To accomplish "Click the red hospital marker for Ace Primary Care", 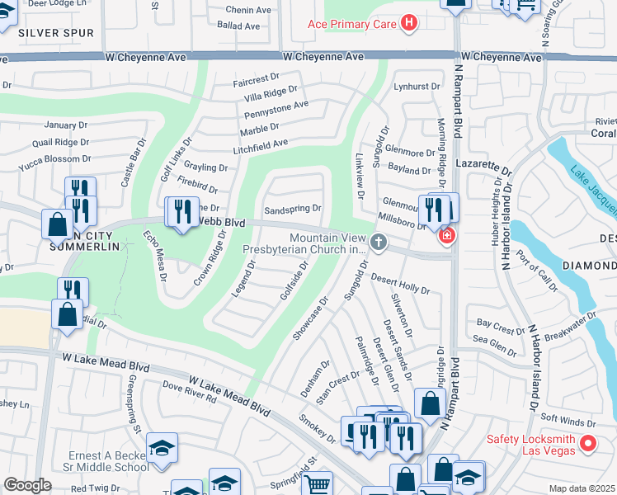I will [407, 23].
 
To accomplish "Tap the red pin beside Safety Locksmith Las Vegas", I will [588, 443].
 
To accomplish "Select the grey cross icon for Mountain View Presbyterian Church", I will [379, 242].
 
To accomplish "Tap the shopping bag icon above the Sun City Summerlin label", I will [57, 224].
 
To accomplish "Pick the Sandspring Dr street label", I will [292, 209].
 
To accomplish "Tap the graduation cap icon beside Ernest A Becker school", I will [162, 449].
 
